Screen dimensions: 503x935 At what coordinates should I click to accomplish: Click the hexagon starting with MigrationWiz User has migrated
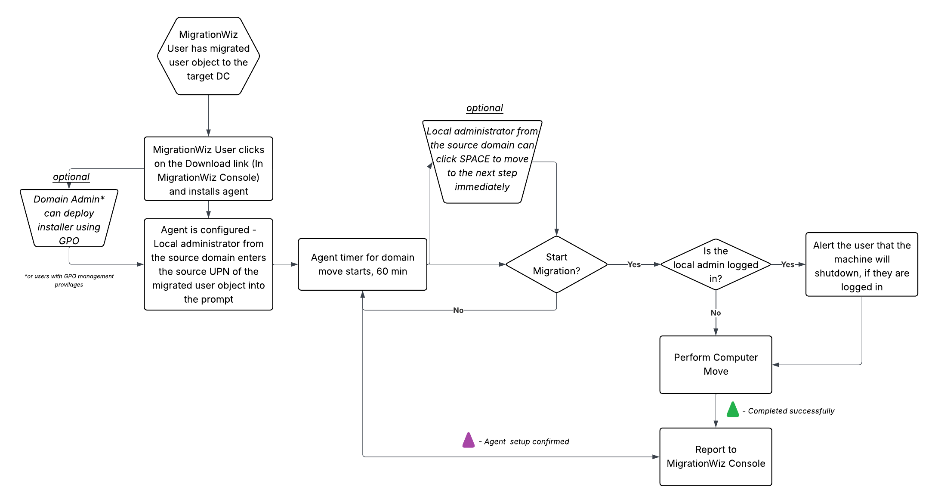[208, 56]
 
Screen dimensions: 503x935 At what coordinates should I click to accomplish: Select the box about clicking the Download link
[208, 169]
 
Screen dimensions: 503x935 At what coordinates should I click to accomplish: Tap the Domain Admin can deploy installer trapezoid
[69, 219]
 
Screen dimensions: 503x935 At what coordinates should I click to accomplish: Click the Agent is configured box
[208, 264]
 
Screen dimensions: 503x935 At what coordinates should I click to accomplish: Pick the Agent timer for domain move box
[362, 264]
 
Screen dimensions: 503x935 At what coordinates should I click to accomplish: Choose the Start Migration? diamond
[556, 264]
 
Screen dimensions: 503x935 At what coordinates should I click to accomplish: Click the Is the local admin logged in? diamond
[716, 264]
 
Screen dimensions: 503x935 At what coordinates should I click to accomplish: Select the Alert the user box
[861, 264]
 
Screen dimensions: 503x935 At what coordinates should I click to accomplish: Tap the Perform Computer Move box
[716, 364]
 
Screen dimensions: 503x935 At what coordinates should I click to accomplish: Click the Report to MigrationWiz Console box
[716, 456]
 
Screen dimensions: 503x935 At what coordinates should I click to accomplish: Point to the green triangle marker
[732, 410]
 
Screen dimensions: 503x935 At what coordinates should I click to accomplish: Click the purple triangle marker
[468, 441]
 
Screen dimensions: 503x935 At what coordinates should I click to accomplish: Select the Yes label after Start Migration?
[634, 264]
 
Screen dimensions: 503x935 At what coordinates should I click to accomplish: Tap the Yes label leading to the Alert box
[787, 264]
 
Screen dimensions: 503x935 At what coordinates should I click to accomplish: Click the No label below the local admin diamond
[716, 313]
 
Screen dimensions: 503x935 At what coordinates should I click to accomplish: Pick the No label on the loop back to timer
[458, 310]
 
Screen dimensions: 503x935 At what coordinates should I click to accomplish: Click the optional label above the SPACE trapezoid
[484, 108]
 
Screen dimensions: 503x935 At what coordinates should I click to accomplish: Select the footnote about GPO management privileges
[69, 280]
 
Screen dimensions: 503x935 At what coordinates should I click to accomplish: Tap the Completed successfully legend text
[791, 411]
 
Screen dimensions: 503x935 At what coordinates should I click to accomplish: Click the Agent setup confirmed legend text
[526, 441]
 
